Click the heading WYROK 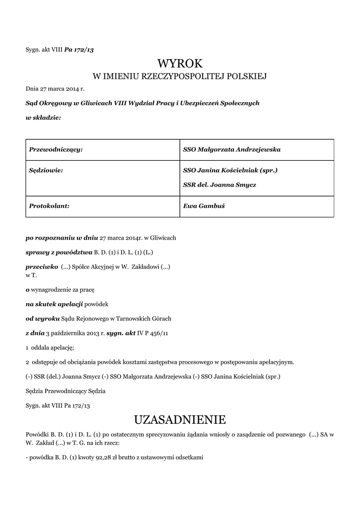pos(180,64)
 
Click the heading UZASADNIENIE pos(180,420)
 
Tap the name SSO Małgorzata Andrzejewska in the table pos(232,149)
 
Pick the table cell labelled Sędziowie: pos(46,170)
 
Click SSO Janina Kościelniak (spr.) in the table pos(230,170)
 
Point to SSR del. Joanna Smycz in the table pos(219,185)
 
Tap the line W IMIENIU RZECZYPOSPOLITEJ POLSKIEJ pos(180,76)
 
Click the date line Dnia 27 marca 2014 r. pos(55,89)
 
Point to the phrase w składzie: pos(43,118)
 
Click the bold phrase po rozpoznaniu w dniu pos(62,238)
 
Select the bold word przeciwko pos(42,266)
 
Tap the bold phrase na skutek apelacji pos(55,303)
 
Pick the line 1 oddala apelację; pos(50,347)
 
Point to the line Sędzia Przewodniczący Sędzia pos(66,391)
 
